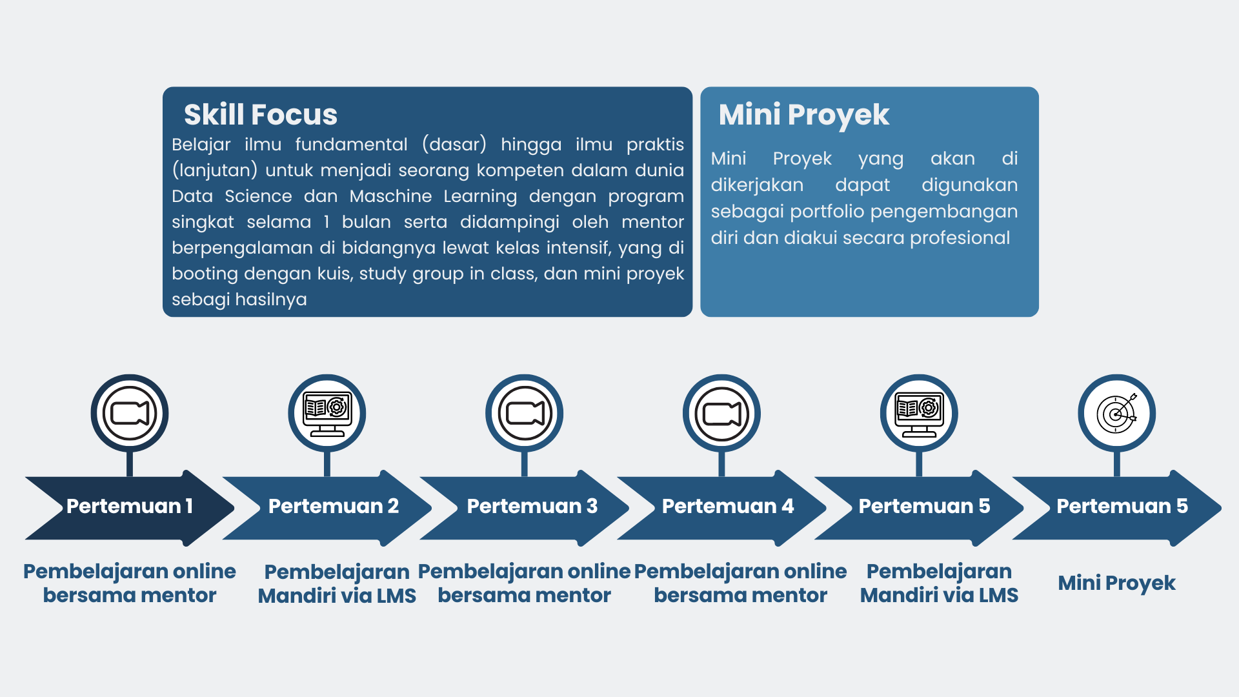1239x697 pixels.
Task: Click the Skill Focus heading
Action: tap(261, 115)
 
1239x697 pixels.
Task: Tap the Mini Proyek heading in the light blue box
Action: tap(804, 116)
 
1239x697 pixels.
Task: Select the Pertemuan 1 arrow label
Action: tap(130, 506)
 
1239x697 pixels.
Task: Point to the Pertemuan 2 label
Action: tap(334, 506)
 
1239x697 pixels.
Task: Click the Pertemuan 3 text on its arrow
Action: tap(532, 506)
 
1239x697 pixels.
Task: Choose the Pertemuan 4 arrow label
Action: tap(728, 506)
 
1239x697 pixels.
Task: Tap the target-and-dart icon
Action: tap(1117, 414)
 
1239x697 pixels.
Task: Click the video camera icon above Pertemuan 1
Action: tap(130, 414)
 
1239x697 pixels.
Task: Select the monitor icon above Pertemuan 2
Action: tap(327, 414)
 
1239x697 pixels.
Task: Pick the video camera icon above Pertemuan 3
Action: tap(525, 414)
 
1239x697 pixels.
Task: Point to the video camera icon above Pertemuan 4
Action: tap(722, 414)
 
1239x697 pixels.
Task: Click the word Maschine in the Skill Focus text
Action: tap(391, 196)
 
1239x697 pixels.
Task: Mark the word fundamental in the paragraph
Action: tap(352, 145)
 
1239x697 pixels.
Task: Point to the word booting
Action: tap(205, 274)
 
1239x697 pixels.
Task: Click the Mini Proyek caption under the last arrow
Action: tap(1117, 583)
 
